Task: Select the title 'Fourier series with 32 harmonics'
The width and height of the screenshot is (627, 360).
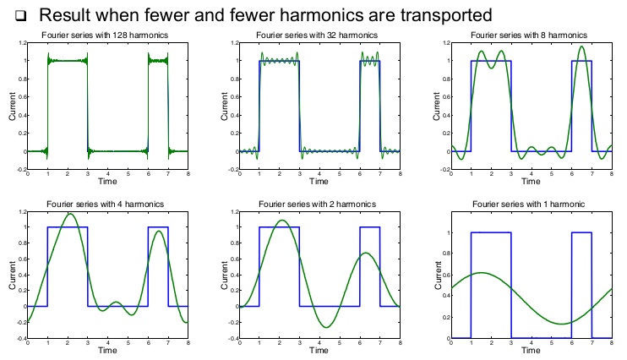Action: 318,35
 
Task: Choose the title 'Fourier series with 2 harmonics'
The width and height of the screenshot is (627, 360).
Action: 318,204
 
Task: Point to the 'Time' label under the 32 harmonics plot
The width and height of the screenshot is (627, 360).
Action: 318,182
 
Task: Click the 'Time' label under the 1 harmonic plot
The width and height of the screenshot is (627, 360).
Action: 532,351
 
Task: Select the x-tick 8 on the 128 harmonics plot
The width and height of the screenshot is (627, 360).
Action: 188,175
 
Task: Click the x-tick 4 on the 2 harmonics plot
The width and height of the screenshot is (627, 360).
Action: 319,344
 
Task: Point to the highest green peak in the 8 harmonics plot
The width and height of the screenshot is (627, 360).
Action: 581,46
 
